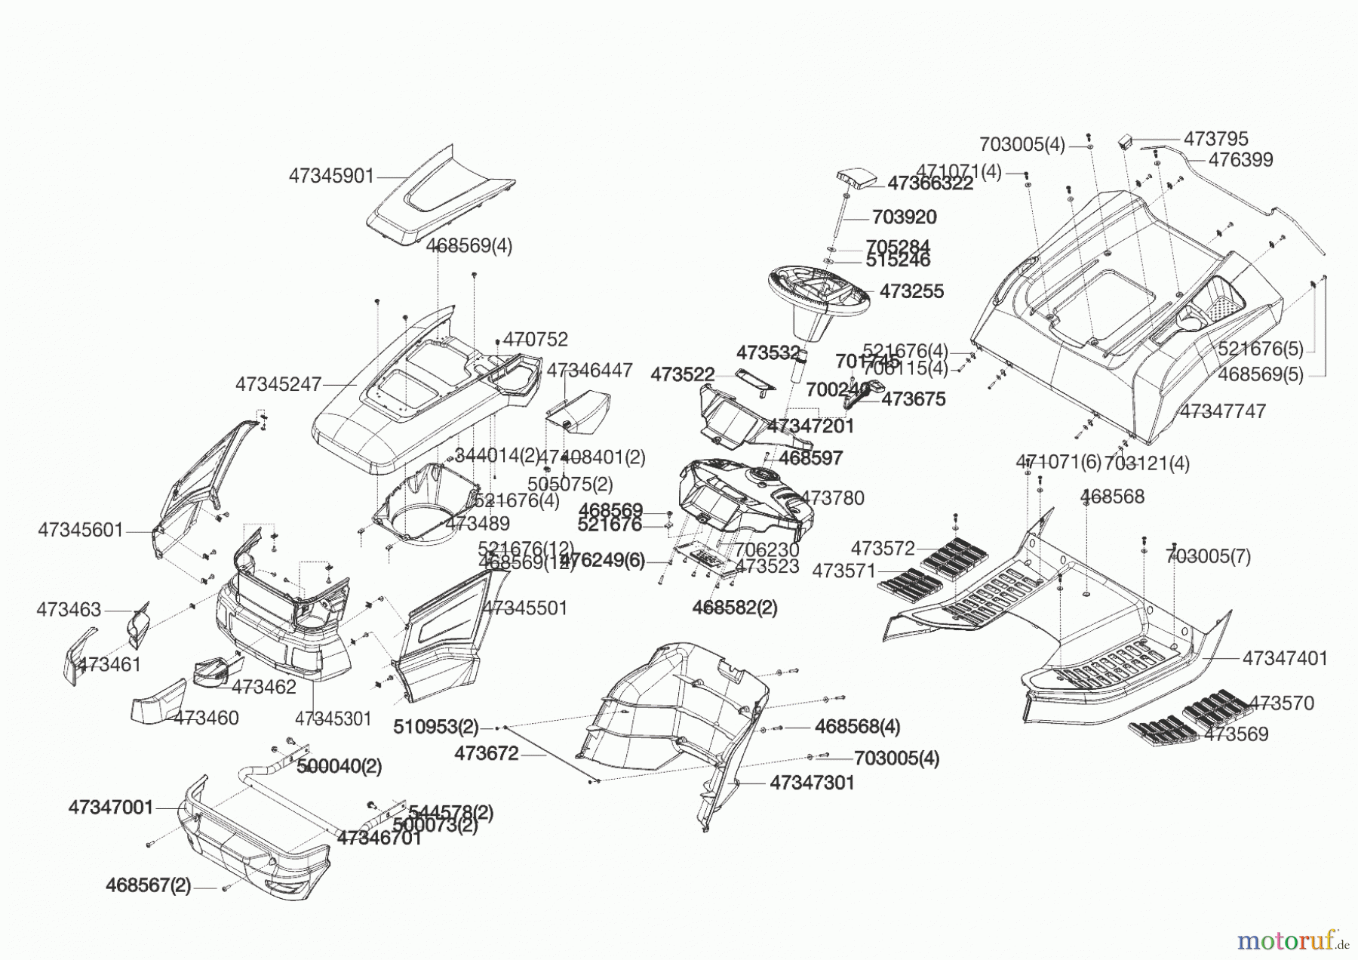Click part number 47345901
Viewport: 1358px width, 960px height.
coord(331,176)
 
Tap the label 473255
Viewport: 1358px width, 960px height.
coord(911,291)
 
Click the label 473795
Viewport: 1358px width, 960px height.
coord(1215,139)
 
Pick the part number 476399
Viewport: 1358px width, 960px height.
coord(1240,160)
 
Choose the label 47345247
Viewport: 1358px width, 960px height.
coord(278,384)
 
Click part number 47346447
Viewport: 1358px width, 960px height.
coord(589,370)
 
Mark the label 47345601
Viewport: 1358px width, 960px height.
coord(80,531)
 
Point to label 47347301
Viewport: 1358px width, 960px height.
coord(812,783)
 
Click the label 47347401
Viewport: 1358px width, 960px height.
coord(1284,658)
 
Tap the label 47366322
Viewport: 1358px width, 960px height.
coord(929,183)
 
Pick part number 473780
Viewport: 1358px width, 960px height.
coord(832,497)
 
